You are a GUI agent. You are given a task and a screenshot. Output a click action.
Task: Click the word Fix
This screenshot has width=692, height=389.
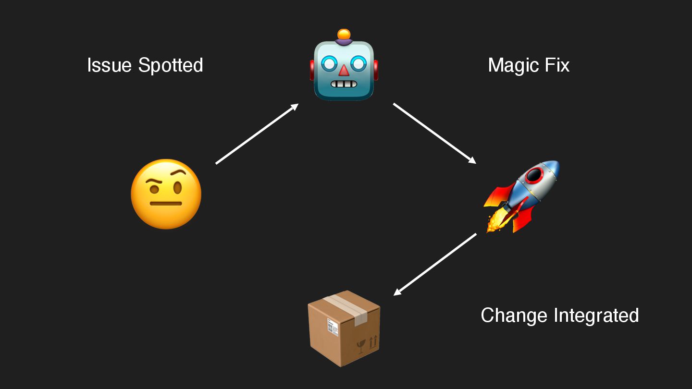tap(557, 65)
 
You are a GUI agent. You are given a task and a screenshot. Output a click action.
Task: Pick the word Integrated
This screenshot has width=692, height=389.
tap(596, 316)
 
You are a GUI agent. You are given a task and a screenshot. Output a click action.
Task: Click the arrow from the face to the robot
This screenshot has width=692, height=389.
tap(257, 134)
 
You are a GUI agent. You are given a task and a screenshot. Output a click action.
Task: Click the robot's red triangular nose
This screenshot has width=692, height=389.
tap(344, 71)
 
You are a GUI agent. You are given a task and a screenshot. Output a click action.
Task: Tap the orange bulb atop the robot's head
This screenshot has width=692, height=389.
tap(344, 35)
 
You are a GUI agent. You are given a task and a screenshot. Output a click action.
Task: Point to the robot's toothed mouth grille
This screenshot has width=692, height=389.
tap(344, 85)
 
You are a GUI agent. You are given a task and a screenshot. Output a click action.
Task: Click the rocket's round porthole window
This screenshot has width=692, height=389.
tap(535, 175)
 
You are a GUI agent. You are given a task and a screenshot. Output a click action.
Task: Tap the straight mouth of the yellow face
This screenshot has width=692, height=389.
tap(166, 203)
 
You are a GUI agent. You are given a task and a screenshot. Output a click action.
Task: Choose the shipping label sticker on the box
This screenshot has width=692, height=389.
tap(333, 327)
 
